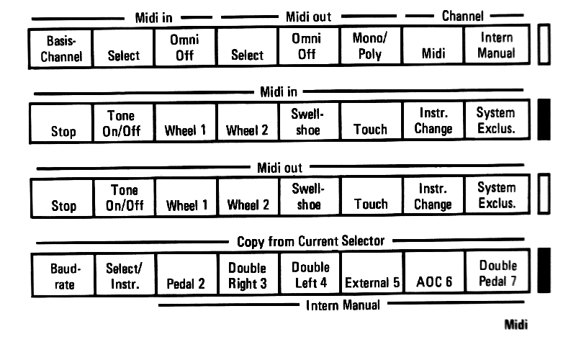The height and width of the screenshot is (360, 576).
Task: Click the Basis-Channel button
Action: (x=60, y=48)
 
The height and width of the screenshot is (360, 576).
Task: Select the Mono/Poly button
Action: (x=371, y=46)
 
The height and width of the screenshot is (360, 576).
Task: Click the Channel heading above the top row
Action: (x=462, y=16)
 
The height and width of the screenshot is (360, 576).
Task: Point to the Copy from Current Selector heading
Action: (x=310, y=241)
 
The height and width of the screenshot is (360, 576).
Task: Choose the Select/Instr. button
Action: (x=125, y=275)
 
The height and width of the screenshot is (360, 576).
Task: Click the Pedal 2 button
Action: (x=186, y=274)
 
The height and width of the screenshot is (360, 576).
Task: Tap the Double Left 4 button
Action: (x=310, y=274)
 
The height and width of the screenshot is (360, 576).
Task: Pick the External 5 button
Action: (x=372, y=273)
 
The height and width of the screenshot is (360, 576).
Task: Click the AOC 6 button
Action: (x=434, y=273)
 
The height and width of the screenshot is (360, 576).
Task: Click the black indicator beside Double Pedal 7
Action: (x=544, y=271)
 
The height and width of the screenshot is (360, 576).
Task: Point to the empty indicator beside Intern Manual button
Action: (x=544, y=45)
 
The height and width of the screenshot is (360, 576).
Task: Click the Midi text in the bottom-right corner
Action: (x=516, y=325)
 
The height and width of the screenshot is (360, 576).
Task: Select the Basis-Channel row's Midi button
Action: (x=433, y=45)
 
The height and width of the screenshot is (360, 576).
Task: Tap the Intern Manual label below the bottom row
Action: (x=343, y=305)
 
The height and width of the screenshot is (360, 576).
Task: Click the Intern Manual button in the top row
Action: (x=497, y=45)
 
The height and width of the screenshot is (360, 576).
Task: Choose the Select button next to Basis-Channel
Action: (x=123, y=48)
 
